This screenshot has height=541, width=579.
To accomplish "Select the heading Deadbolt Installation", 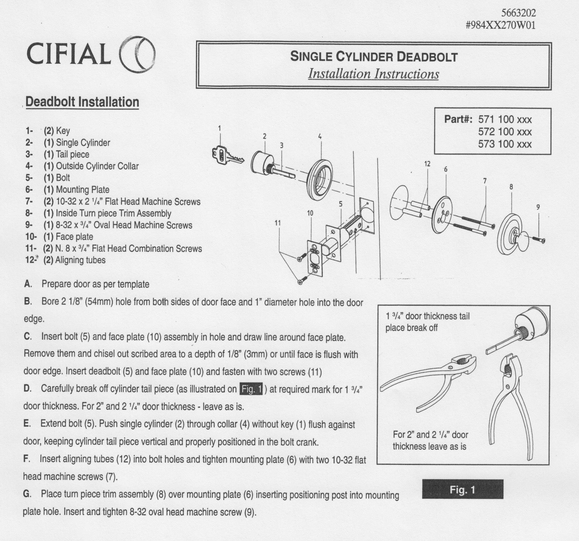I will point(82,102).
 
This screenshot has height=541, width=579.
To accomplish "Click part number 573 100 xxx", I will point(505,144).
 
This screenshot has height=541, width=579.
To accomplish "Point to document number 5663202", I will point(518,13).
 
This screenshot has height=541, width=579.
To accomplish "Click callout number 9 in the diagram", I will point(538,207).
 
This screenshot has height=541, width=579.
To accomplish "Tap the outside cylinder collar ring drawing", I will point(320,180).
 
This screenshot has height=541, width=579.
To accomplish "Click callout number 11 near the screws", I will point(277,223).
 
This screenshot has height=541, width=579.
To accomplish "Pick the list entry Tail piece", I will point(72,154).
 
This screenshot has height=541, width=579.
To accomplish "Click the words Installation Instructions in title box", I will point(373,74).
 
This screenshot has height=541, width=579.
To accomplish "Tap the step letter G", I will point(27,494).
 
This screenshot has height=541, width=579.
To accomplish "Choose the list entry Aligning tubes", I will point(80,260).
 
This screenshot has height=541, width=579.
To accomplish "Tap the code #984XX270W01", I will point(501,25).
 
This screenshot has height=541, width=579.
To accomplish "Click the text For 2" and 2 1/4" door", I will point(430,435).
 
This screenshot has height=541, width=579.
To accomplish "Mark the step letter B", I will point(28,302).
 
